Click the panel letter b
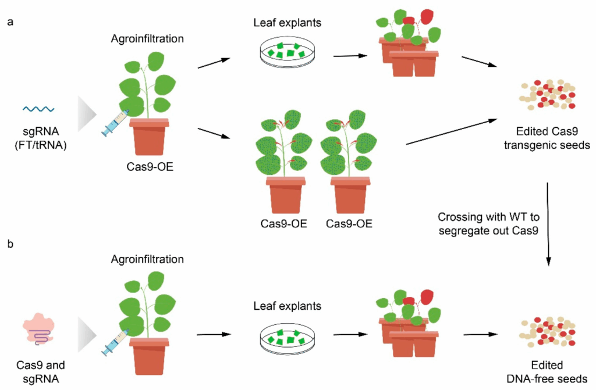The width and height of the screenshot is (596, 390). [10, 242]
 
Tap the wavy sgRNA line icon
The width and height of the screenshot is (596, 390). [39, 109]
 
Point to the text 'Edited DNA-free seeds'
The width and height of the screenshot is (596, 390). [546, 372]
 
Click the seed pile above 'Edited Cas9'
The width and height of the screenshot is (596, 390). [546, 95]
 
